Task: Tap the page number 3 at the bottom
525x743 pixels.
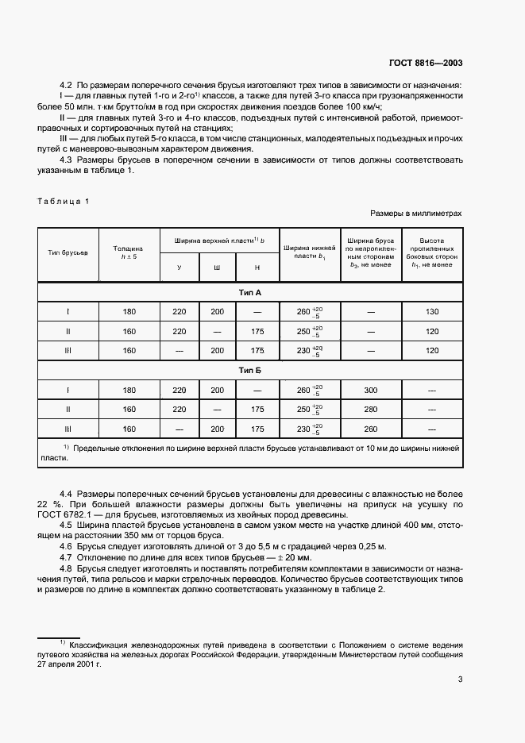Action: (460, 678)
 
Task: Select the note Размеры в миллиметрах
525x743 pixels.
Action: (415, 214)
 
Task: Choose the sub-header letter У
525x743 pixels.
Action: (179, 268)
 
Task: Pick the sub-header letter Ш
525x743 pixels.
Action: (217, 268)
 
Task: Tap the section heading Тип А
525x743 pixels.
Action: (250, 293)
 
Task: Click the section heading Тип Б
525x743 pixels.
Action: (250, 371)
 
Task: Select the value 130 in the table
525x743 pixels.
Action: (432, 312)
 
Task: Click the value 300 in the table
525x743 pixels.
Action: (370, 391)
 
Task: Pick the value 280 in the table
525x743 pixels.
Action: (370, 410)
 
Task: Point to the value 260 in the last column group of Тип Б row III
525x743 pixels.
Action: (370, 429)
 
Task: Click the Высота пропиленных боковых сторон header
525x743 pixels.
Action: (432, 252)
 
